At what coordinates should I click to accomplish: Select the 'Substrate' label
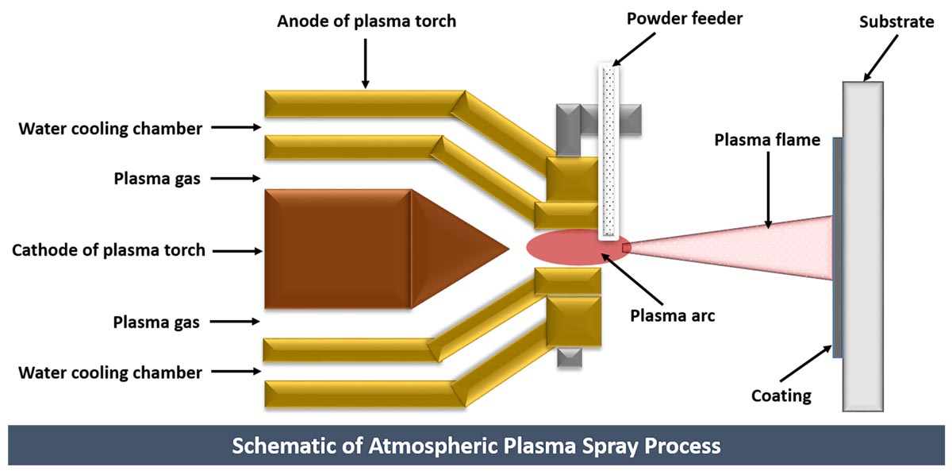[x=896, y=21]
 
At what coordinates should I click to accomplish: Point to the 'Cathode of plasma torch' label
[x=109, y=250]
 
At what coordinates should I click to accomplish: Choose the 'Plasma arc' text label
[x=672, y=315]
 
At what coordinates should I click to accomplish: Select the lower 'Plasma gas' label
[x=156, y=322]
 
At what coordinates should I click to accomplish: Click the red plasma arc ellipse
[x=575, y=249]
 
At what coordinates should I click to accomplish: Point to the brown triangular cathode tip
[x=452, y=249]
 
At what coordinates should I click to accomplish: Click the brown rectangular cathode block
[x=337, y=249]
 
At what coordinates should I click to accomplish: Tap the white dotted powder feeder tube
[x=609, y=151]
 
